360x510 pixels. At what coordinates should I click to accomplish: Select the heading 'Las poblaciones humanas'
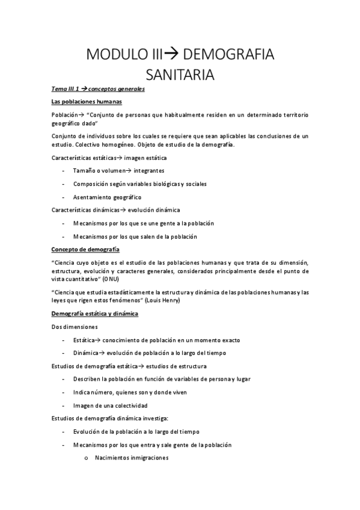click(87, 101)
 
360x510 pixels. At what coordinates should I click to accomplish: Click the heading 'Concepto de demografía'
click(85, 249)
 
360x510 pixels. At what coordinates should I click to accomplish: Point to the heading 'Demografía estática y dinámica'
click(95, 314)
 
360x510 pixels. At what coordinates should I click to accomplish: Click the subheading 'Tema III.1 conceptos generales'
click(97, 89)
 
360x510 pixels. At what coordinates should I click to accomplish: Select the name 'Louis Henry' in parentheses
click(162, 300)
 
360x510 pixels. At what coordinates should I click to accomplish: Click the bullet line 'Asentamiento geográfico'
click(107, 197)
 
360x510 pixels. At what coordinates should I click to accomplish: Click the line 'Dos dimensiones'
click(74, 327)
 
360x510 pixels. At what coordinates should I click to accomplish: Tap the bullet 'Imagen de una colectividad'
click(110, 405)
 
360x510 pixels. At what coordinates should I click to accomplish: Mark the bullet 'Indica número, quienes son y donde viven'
click(130, 392)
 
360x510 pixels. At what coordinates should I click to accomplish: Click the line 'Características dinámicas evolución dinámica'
click(116, 210)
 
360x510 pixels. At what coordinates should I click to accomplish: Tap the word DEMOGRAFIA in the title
click(228, 55)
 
